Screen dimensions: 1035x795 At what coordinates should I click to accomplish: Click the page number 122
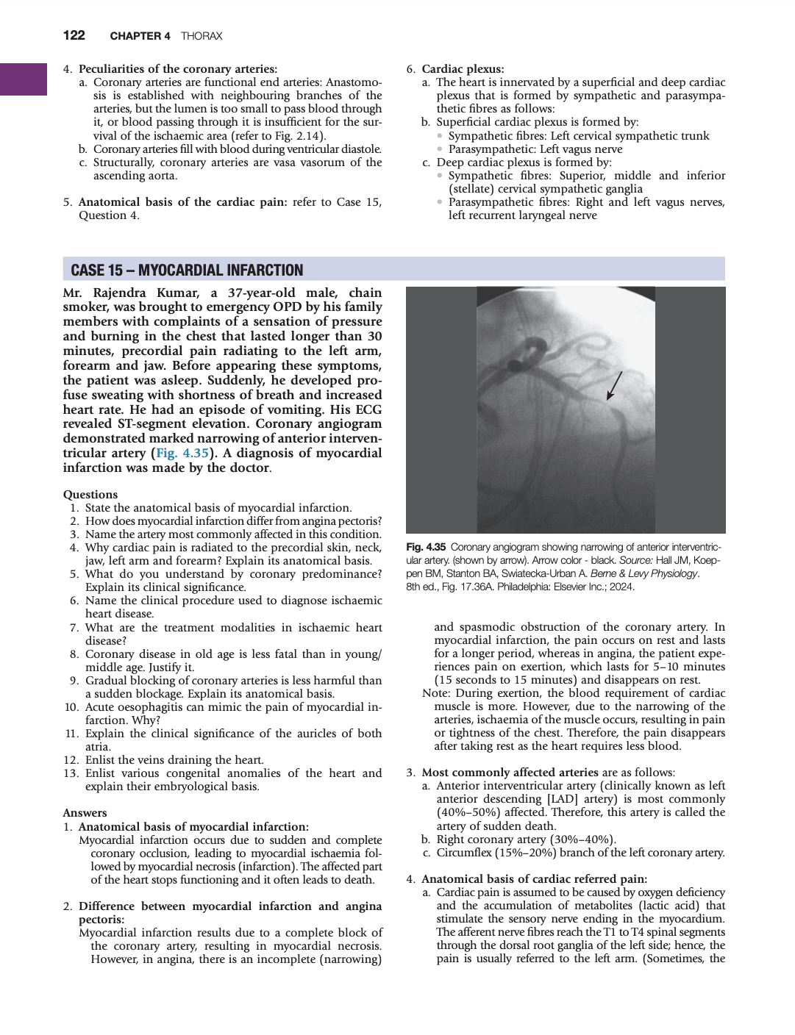point(74,35)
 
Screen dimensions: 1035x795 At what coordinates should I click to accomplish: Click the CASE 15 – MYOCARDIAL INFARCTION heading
point(187,270)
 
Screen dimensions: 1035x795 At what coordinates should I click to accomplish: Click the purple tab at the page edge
point(24,79)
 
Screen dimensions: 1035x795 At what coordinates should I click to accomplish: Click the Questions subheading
point(90,495)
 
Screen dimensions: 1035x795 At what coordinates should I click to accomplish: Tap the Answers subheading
point(85,813)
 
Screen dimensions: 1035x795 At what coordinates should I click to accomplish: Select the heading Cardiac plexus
point(463,69)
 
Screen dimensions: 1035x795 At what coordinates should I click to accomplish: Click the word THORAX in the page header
point(202,36)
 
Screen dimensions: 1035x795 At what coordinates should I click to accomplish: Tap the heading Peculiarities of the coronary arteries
point(178,69)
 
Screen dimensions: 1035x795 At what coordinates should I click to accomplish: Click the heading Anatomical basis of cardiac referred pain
point(534,879)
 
